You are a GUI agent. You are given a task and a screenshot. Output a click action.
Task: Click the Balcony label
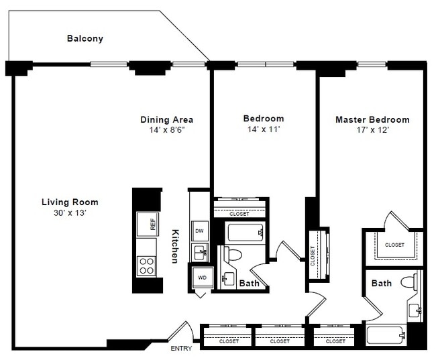coord(85,38)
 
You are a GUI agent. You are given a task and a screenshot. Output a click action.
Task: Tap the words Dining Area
coord(167,119)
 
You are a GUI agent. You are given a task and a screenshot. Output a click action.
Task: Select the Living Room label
coord(70,202)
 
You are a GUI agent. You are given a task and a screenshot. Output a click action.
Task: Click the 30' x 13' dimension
coord(70,213)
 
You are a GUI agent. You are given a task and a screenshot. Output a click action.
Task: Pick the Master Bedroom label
coord(372,120)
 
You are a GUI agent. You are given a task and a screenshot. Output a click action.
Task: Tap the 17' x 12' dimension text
coord(372,130)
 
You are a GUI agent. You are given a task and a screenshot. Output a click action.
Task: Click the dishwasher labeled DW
coord(199,231)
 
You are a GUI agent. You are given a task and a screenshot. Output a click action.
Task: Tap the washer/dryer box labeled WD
coord(201,276)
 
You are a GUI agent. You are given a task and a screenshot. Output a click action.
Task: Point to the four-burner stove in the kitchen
coord(146,265)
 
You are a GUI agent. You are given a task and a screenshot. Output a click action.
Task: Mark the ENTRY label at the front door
coord(181,349)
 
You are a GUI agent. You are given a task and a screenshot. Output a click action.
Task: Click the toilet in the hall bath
coord(233,255)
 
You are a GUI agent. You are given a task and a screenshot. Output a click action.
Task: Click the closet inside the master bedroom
coord(394,245)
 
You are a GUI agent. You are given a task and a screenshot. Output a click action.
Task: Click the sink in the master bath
coord(415,309)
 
